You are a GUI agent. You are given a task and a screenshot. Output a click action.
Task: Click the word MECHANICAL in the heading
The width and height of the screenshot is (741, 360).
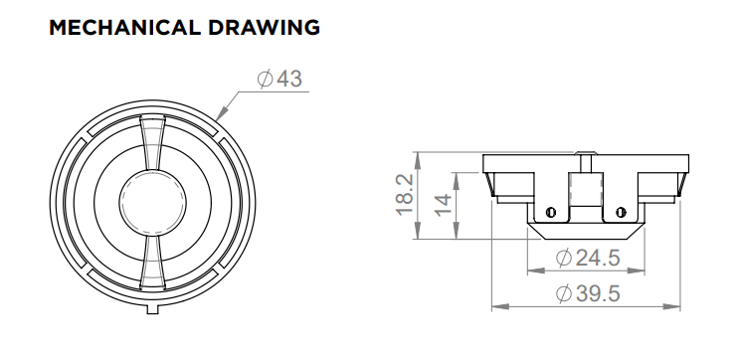pyautogui.click(x=124, y=28)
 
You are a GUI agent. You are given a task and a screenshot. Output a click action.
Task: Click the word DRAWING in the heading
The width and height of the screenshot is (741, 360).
pyautogui.click(x=265, y=28)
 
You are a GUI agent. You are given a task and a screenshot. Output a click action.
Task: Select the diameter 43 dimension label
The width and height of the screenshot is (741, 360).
pyautogui.click(x=279, y=79)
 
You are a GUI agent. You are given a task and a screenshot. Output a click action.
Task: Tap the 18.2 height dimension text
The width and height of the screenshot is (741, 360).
pyautogui.click(x=405, y=195)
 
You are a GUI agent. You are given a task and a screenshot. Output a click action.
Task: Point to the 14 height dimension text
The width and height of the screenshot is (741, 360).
pyautogui.click(x=443, y=205)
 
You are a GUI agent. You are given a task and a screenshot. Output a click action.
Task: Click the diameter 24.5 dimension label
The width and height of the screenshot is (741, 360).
pyautogui.click(x=588, y=258)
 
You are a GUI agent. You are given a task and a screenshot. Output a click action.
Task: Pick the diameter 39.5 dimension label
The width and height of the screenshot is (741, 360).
pyautogui.click(x=588, y=293)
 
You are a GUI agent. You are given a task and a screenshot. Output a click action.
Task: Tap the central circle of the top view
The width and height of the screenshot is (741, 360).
pyautogui.click(x=152, y=203)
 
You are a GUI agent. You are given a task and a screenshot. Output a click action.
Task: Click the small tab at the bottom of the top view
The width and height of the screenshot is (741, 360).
pyautogui.click(x=152, y=309)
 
